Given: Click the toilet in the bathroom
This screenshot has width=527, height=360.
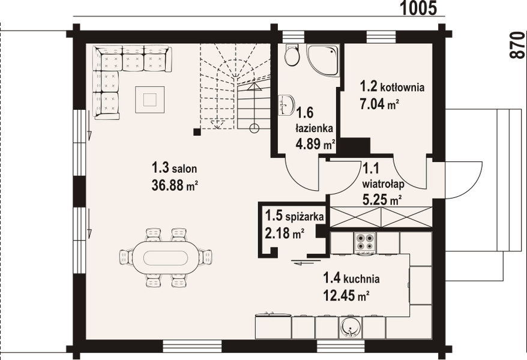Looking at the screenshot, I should [x=292, y=55].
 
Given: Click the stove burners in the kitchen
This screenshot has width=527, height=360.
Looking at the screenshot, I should [x=364, y=241].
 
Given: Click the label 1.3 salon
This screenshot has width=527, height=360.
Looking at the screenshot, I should [x=174, y=170].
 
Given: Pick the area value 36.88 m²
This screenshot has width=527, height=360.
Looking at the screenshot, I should [x=175, y=185].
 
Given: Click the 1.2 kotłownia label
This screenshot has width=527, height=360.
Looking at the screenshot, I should [x=391, y=87].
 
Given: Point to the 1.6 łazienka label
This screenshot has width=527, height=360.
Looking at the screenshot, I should [x=309, y=121].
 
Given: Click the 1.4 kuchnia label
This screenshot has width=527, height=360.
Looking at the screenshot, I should [x=351, y=278].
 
